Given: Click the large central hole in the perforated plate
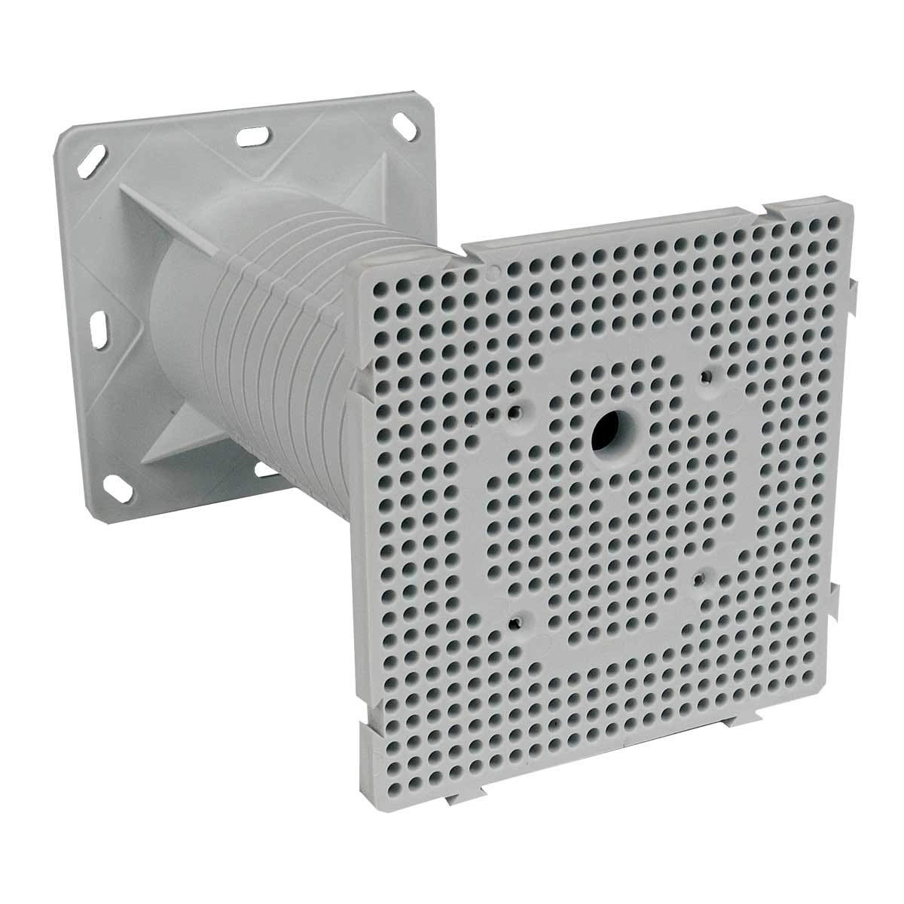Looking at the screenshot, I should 606,432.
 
